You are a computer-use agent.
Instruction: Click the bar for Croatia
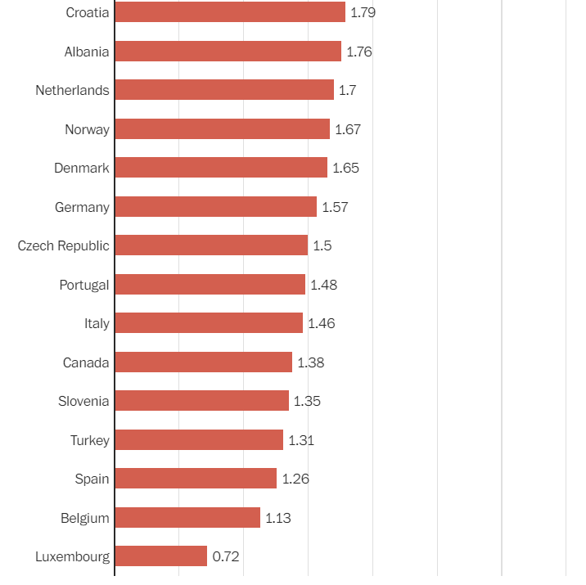(230, 12)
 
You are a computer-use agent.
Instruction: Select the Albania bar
(228, 52)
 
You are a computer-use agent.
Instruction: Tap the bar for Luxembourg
(161, 556)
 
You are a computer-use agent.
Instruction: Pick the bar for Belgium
(187, 518)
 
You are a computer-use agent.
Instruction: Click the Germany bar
(215, 207)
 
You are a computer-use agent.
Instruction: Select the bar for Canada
(203, 362)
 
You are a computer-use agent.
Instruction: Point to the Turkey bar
(199, 440)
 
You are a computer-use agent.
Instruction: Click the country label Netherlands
(72, 90)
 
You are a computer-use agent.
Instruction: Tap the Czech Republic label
(63, 245)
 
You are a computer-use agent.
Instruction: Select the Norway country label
(87, 129)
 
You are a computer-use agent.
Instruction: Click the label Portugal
(84, 285)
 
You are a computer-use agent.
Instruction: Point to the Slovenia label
(83, 401)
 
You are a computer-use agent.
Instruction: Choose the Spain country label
(92, 479)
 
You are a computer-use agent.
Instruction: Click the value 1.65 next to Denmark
(345, 168)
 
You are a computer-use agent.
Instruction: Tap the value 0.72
(226, 556)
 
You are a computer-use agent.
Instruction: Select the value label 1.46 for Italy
(322, 323)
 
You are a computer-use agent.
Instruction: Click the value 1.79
(363, 12)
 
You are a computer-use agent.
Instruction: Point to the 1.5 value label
(322, 245)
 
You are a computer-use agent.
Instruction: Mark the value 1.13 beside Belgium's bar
(278, 518)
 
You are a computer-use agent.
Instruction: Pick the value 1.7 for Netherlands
(348, 90)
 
